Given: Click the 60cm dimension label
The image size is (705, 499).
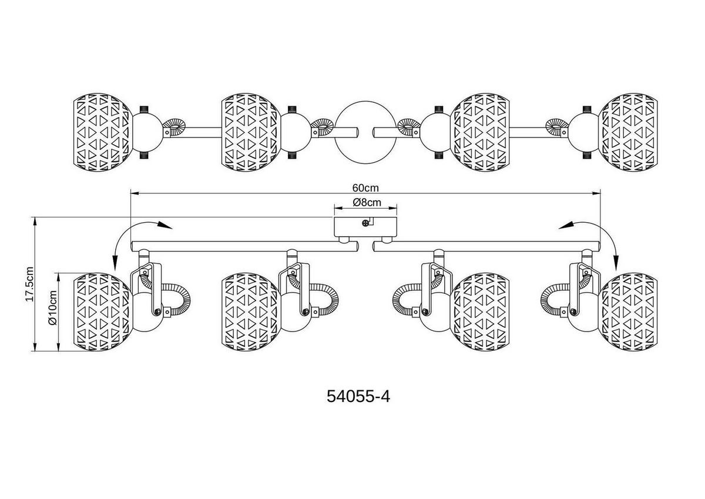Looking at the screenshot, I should [365, 188].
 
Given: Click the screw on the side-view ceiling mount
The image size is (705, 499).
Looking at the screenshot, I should [366, 222].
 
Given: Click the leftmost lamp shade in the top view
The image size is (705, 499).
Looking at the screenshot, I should [102, 130].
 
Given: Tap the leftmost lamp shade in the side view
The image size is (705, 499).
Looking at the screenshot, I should [102, 312].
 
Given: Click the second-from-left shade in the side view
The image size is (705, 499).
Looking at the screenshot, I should [249, 312].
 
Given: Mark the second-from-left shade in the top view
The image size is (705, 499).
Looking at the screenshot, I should [249, 130].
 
